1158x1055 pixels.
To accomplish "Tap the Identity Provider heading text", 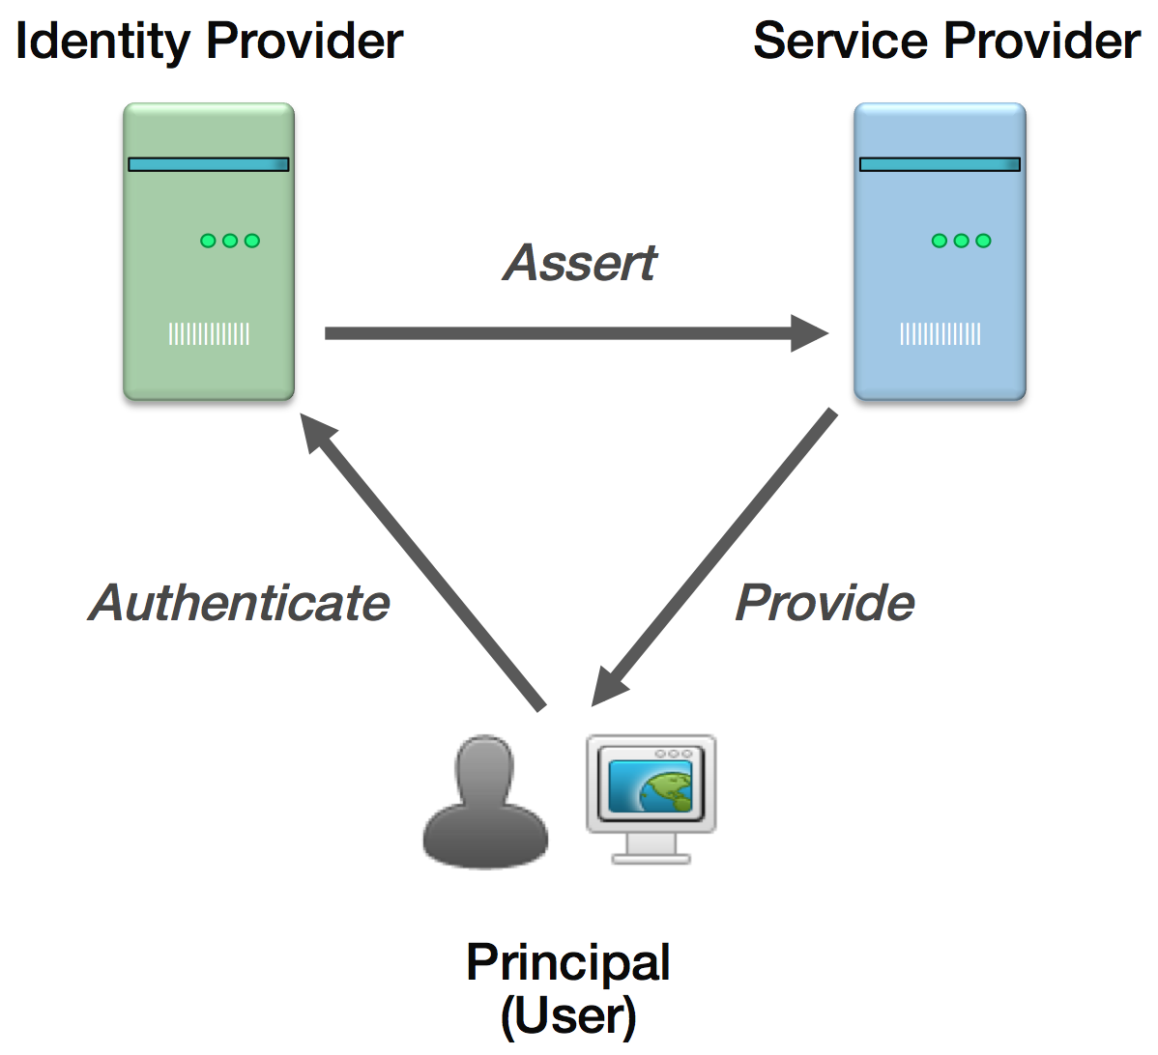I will pos(209,42).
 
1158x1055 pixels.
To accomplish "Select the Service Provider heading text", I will pos(946,42).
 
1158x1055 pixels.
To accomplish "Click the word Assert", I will pos(580,263).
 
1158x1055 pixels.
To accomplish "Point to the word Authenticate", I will pos(240,603).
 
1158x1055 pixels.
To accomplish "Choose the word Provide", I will pos(825,603).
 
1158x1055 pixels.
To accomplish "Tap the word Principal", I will pos(568,962).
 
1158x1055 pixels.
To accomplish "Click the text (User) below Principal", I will pos(568,1015).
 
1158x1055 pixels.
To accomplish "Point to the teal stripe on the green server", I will pos(209,164).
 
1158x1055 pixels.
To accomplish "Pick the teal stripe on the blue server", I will pos(940,164).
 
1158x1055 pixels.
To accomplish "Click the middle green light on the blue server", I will pos(961,241).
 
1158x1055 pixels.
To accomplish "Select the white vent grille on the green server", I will pos(209,334).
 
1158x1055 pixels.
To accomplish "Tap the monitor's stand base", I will pos(651,857).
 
